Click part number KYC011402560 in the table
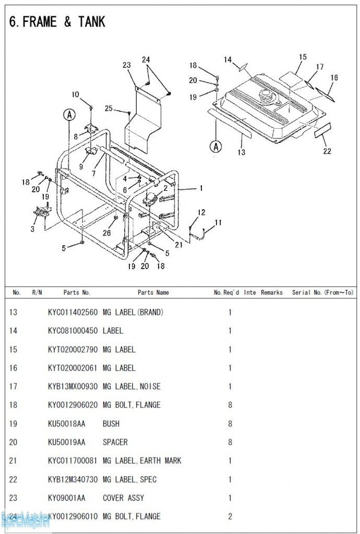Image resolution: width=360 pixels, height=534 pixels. coord(73,312)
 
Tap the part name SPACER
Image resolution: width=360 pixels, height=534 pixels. coord(115,442)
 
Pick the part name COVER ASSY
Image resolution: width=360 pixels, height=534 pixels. coord(123,498)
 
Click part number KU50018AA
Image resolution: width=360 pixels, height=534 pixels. coord(66,423)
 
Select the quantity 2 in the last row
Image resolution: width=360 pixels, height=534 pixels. coord(230,516)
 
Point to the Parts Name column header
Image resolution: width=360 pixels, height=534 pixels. coord(153,293)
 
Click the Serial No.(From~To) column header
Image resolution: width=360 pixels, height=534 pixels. coord(323,293)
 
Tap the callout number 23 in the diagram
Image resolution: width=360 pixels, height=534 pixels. coord(127,65)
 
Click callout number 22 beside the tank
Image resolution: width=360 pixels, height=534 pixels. coord(327,151)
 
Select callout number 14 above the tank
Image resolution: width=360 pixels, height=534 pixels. coord(228,60)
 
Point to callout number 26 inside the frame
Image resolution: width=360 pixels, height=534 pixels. coord(107,233)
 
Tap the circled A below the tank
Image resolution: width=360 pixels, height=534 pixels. coord(215,147)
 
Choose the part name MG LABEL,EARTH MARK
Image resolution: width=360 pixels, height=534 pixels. coord(142,461)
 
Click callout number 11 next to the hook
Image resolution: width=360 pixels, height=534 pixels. coord(218,223)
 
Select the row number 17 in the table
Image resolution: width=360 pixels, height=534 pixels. coord(14,386)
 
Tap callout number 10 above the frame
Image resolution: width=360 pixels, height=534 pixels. coord(76,94)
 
